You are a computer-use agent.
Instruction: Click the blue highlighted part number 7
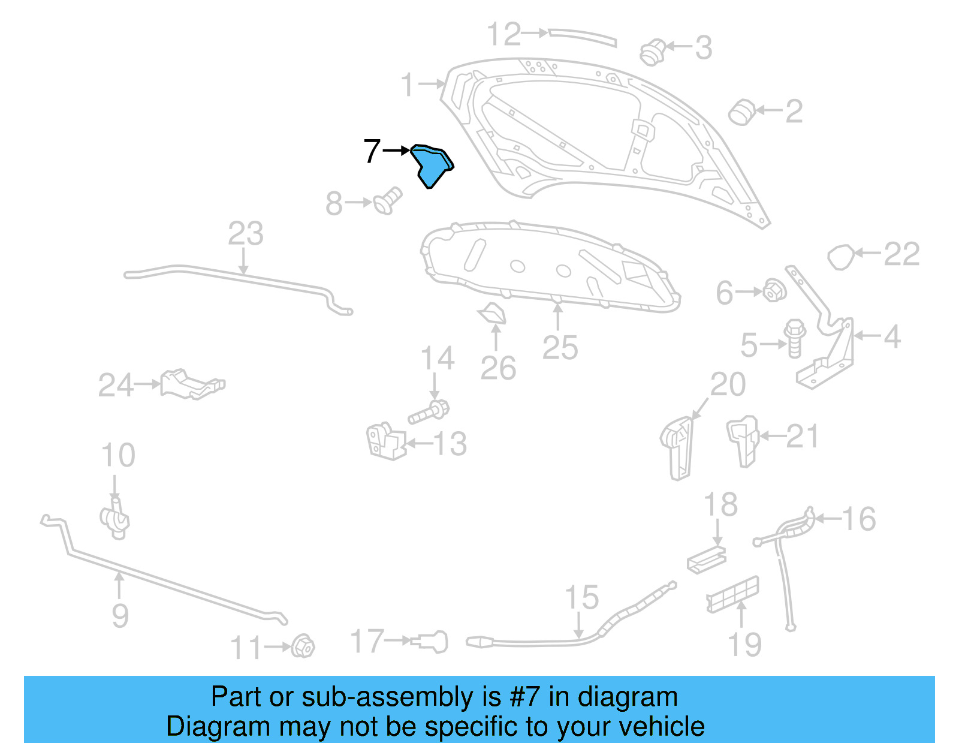[x=432, y=166]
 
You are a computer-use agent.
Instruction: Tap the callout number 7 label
[x=372, y=151]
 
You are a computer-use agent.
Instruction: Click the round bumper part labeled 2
[x=742, y=112]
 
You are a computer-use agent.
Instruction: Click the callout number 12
[x=503, y=34]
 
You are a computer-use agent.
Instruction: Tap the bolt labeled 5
[x=794, y=338]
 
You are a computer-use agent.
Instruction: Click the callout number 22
[x=901, y=254]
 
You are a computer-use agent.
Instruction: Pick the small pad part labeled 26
[x=493, y=314]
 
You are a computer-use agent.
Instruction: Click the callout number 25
[x=560, y=348]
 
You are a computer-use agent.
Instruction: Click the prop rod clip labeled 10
[x=115, y=519]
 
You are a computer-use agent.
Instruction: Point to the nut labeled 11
[x=303, y=646]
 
